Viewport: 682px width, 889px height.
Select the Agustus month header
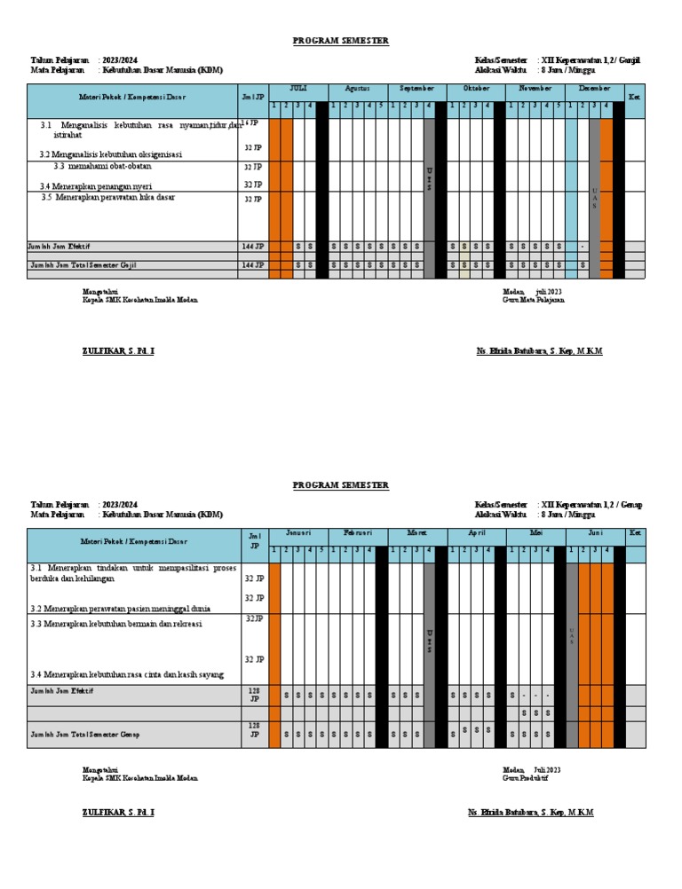(x=357, y=89)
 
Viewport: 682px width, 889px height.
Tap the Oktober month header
(x=476, y=89)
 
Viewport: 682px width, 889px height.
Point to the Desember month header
(x=594, y=89)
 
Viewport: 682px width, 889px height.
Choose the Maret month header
(x=416, y=533)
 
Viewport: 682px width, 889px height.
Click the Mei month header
(x=535, y=533)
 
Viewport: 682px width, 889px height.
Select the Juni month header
(x=594, y=533)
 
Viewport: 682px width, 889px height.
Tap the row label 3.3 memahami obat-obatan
(x=101, y=166)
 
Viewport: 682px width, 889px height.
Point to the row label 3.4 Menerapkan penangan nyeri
(x=96, y=186)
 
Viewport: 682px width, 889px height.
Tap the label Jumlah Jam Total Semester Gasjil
(x=83, y=265)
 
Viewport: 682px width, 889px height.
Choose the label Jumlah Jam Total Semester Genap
(x=84, y=735)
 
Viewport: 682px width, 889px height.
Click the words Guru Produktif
(x=525, y=778)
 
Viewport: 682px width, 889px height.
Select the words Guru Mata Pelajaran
(x=533, y=300)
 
